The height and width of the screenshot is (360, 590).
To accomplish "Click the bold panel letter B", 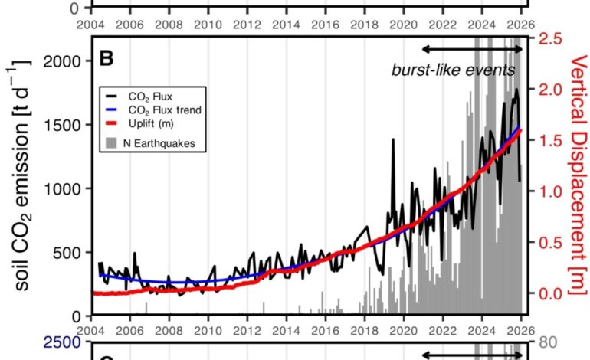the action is [x=107, y=58].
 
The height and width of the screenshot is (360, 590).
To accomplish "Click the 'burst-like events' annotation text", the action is [x=454, y=70].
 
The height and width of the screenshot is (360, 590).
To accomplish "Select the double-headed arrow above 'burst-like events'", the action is [x=473, y=49].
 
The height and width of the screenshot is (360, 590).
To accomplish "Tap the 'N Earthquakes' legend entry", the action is [x=150, y=143].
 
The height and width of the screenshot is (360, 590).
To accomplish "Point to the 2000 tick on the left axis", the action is [x=63, y=61].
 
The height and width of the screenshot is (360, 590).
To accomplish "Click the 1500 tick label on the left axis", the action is [x=63, y=125].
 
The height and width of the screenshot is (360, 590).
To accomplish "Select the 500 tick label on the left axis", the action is [x=67, y=253].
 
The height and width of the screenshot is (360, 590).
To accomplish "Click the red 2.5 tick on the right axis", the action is [x=550, y=39].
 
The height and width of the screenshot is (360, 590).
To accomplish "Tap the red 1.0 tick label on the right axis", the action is [x=550, y=191].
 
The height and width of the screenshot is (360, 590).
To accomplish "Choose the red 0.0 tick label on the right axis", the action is [x=550, y=293].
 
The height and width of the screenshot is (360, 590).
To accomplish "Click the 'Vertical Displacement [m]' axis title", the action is [x=578, y=175].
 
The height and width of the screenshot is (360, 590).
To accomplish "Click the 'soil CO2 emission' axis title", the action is [x=21, y=175].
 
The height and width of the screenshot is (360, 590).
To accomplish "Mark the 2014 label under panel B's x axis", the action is [x=286, y=331].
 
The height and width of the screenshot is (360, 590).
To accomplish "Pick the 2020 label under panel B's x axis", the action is [x=403, y=331].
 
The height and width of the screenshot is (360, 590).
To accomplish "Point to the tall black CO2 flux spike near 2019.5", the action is [x=394, y=139].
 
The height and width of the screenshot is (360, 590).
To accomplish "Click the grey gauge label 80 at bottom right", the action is [x=548, y=342].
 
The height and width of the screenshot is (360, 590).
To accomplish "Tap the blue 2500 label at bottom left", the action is [x=63, y=342].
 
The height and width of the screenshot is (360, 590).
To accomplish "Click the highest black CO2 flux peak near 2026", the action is [x=517, y=90].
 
